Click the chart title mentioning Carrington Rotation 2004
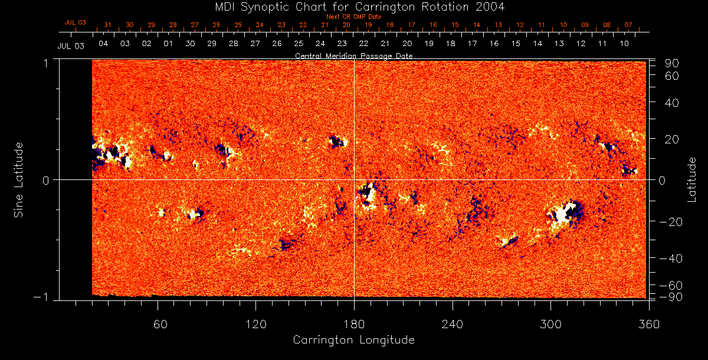point(353,7)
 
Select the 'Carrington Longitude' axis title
point(353,340)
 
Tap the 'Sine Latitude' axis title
point(19,179)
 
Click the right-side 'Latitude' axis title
point(692,179)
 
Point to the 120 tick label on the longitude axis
point(255,325)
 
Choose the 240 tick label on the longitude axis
point(452,325)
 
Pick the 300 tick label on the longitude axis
point(550,325)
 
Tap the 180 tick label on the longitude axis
point(353,325)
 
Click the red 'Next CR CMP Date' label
point(353,17)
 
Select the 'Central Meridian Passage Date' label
point(353,55)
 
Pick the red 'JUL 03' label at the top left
point(75,22)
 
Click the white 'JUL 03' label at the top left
point(71,45)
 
